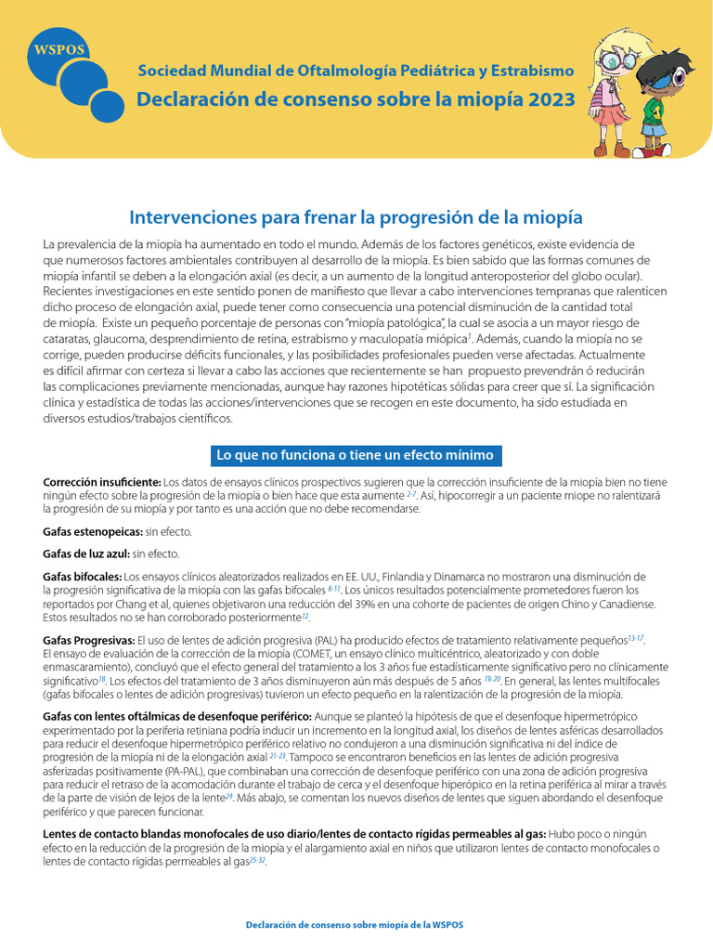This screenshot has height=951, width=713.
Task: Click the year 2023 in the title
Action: (x=552, y=99)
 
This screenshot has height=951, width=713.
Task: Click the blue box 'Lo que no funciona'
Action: (x=356, y=455)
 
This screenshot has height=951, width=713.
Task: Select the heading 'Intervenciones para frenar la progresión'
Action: (x=356, y=217)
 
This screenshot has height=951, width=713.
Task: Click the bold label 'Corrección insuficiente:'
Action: (x=102, y=482)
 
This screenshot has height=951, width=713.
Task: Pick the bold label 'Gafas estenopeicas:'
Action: (x=93, y=532)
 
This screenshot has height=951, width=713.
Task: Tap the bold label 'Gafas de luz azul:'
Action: (x=87, y=554)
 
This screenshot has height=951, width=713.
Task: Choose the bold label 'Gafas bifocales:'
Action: (x=83, y=577)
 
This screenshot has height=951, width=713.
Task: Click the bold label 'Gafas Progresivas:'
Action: (x=89, y=641)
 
